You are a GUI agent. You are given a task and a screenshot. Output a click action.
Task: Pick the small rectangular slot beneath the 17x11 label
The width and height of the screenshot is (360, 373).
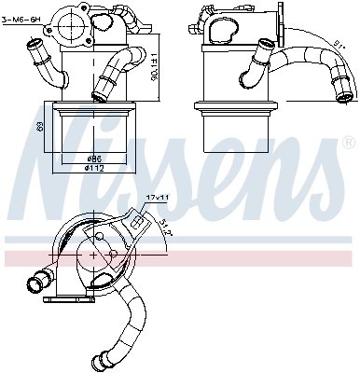138,222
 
